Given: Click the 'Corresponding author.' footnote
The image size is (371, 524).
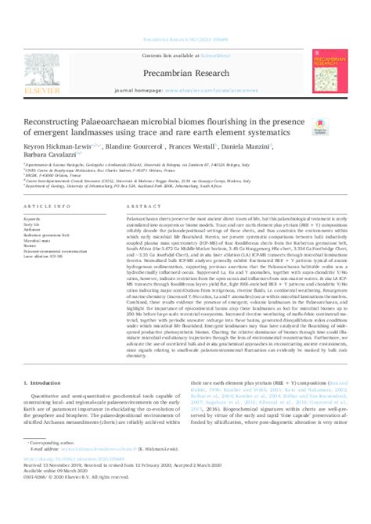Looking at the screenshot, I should point(58,465).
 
